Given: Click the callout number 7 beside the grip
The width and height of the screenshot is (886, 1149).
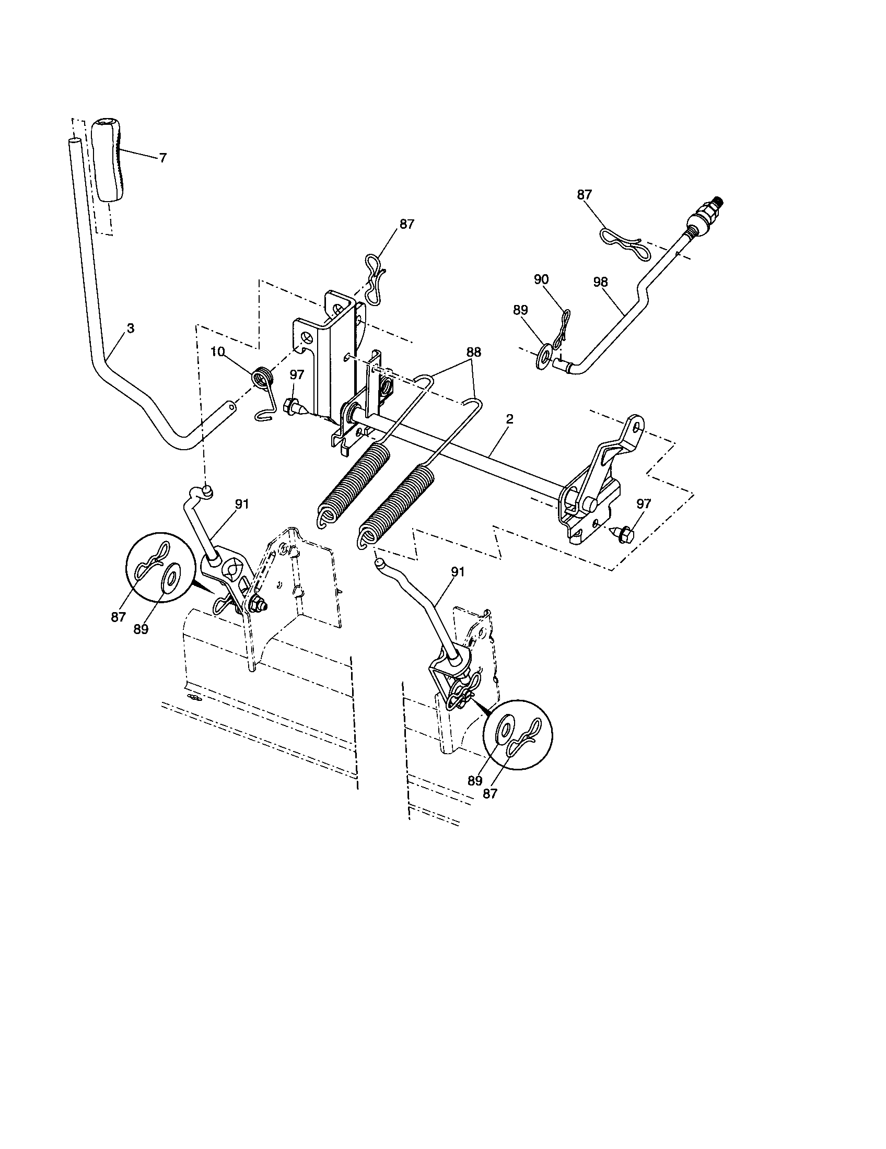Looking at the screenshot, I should [162, 158].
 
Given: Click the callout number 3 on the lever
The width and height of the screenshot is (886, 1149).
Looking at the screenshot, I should [131, 328].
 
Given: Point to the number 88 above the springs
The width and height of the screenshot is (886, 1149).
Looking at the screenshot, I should [473, 353].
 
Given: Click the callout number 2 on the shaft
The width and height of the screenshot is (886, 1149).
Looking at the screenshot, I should [509, 419].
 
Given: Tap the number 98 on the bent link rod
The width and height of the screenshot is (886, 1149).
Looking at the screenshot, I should [600, 282].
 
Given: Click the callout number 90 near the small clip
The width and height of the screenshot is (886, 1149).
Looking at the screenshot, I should [541, 279].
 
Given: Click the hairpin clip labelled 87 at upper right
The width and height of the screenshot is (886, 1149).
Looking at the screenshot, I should [623, 243].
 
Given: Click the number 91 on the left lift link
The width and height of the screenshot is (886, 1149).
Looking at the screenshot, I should [241, 503].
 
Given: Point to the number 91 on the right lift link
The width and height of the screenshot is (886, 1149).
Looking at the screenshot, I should [458, 571].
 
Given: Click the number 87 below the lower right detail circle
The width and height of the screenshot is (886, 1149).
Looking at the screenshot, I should [489, 793].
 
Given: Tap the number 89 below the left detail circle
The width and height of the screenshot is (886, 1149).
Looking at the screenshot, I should [141, 630].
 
